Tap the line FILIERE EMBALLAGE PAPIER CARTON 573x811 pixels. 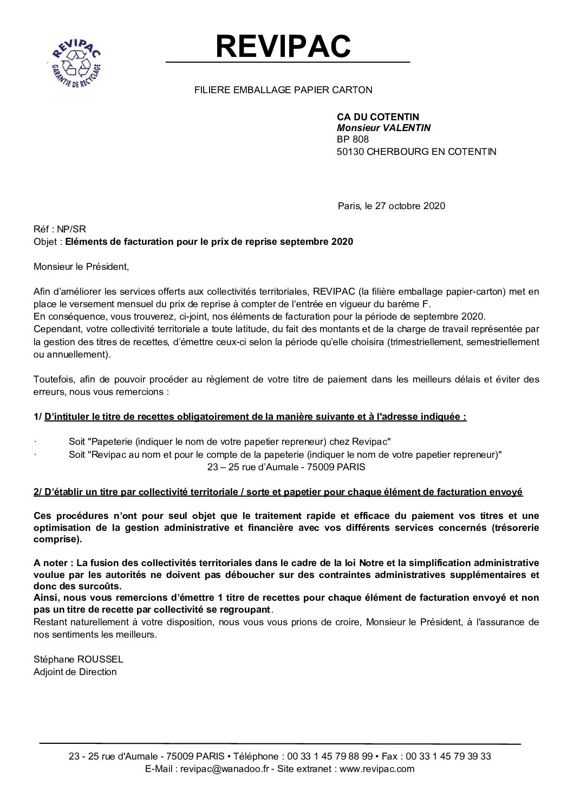(x=283, y=90)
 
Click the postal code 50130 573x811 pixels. (x=350, y=152)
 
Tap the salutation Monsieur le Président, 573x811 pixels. (x=82, y=267)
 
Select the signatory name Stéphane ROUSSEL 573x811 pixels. (x=79, y=660)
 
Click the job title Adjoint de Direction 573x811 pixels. (x=75, y=672)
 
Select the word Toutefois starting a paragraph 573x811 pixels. (x=52, y=379)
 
